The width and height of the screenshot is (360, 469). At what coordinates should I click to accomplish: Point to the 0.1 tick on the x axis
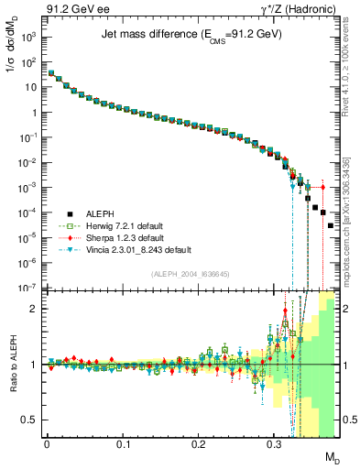click(122, 443)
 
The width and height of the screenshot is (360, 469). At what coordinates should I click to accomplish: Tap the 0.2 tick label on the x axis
click(198, 443)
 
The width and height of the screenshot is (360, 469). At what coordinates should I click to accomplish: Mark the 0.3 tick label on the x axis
click(274, 443)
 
